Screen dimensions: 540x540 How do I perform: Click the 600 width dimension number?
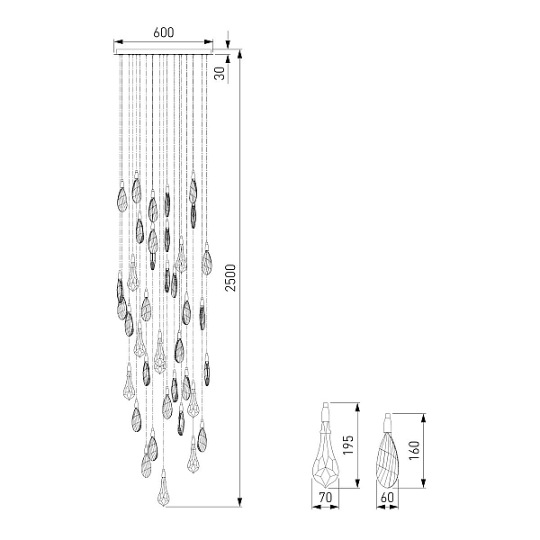click(x=164, y=32)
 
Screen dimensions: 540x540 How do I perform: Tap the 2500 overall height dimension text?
click(x=230, y=278)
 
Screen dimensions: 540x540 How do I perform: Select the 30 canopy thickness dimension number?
click(x=220, y=73)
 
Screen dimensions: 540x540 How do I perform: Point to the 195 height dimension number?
click(x=348, y=445)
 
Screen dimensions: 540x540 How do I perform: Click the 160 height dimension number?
click(x=414, y=450)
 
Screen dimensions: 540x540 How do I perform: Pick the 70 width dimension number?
click(x=326, y=497)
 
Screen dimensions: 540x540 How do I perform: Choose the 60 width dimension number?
click(x=387, y=497)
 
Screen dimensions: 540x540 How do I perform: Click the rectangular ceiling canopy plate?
click(x=164, y=51)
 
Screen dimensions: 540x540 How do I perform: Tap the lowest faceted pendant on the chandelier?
click(x=163, y=488)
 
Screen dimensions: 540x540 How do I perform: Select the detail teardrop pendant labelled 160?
click(x=388, y=451)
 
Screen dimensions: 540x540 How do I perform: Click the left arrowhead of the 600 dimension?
click(x=119, y=42)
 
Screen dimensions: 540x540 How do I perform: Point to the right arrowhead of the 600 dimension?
click(x=209, y=42)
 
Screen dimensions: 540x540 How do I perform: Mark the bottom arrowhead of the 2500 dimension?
click(x=240, y=502)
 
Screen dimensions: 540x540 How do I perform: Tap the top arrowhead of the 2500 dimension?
click(x=240, y=54)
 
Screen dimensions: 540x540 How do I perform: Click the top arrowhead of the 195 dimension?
click(x=357, y=408)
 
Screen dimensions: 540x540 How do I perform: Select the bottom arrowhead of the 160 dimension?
click(x=424, y=482)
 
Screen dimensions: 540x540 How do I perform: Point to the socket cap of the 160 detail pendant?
click(x=388, y=421)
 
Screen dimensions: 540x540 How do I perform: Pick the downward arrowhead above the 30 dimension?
click(x=228, y=44)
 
